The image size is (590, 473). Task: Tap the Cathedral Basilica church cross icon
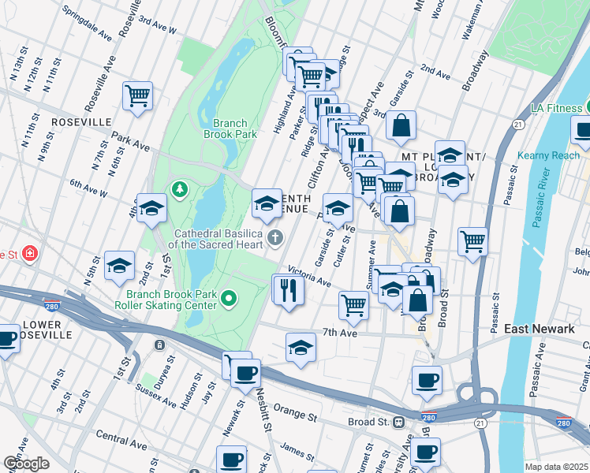coord(275,238)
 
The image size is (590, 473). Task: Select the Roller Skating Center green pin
coord(229,298)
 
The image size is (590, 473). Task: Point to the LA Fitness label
coord(555,106)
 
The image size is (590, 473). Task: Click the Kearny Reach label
coord(548,155)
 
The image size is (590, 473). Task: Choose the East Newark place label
coord(539,329)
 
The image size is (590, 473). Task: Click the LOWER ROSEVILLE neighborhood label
coord(47,329)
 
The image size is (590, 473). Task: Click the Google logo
coord(26,464)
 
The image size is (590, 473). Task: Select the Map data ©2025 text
coord(557,467)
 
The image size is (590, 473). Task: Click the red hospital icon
coord(30,254)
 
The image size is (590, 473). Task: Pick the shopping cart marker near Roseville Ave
coord(138,96)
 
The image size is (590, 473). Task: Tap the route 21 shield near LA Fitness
coord(518,125)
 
